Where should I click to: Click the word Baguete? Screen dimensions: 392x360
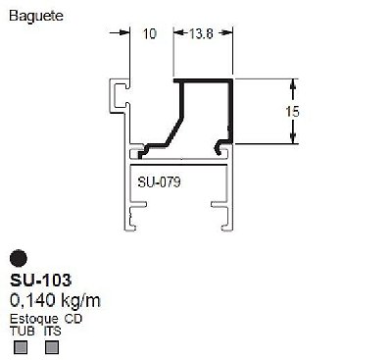point(36,16)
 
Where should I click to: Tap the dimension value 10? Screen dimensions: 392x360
point(150,33)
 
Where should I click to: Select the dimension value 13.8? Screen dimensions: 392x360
point(201,33)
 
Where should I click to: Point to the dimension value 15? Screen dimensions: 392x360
point(292,112)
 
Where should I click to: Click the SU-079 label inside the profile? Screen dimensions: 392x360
point(159,182)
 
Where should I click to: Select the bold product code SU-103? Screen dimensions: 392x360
point(40,280)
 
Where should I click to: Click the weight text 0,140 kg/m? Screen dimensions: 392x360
point(55,300)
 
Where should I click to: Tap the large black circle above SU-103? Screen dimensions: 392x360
point(19,259)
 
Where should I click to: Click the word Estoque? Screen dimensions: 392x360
point(34,319)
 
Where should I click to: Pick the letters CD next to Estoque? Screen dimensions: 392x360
point(73,319)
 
